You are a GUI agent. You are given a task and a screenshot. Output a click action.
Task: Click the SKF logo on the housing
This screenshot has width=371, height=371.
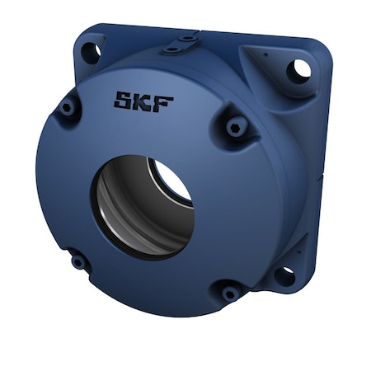tap(143, 102)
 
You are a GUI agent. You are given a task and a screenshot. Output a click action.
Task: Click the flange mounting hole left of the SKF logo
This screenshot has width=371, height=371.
tap(91, 52)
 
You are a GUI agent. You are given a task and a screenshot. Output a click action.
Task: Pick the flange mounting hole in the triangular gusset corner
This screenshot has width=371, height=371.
tap(299, 70)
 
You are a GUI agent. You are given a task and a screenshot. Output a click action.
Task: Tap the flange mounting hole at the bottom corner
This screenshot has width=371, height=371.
tap(284, 275)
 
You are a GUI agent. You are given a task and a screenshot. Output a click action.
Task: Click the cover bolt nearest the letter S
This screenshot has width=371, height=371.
tap(68, 107)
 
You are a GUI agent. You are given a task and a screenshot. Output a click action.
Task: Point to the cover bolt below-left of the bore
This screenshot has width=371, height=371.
tap(79, 261)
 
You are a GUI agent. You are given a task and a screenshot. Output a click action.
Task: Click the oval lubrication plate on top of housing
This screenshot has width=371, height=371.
tap(181, 44)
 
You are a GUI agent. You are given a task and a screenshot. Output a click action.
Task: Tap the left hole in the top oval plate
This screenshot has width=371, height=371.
tap(171, 49)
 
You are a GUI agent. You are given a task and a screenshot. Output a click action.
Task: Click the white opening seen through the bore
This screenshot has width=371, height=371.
tap(171, 182)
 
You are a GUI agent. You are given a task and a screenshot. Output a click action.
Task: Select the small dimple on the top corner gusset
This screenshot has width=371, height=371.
tap(267, 54)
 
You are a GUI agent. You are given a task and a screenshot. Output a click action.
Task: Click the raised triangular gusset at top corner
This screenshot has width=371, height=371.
tap(276, 66)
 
